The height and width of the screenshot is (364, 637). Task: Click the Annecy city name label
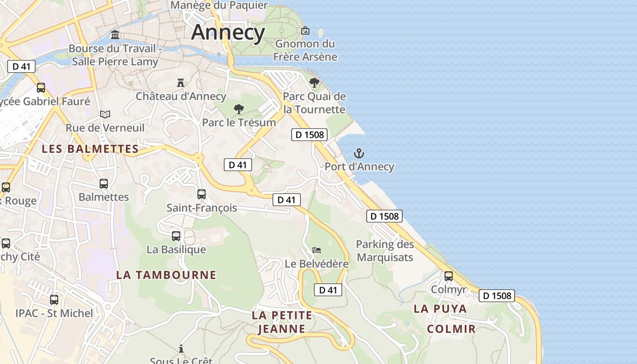(x=228, y=32)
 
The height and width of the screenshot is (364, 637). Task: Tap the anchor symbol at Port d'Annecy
(x=359, y=153)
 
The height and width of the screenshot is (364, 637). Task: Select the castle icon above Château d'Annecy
(x=181, y=83)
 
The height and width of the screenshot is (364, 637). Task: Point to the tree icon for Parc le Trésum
(x=238, y=109)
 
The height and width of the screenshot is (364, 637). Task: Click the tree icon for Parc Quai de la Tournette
(x=314, y=83)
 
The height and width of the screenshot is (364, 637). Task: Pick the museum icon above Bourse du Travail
(x=115, y=35)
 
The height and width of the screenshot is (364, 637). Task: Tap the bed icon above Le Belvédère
(x=317, y=250)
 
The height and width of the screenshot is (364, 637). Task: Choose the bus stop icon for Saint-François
(x=202, y=194)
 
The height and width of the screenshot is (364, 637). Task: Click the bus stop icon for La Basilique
(x=176, y=236)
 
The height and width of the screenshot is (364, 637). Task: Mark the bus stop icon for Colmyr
(x=449, y=276)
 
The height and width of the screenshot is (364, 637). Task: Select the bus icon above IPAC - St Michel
(x=54, y=300)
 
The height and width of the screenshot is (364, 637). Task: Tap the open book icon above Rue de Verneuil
(x=105, y=114)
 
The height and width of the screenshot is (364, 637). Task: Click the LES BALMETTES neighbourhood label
(x=90, y=149)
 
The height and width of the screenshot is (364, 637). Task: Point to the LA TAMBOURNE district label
(x=166, y=275)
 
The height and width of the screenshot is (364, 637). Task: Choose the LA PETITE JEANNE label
(x=282, y=322)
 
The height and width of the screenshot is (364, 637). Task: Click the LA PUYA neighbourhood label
(x=440, y=308)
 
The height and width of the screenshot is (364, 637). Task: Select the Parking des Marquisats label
(x=385, y=251)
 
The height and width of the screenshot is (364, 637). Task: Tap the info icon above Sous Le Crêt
(x=181, y=349)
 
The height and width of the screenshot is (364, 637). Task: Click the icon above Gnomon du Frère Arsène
(x=305, y=31)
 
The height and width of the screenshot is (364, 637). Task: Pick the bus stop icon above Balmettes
(x=104, y=184)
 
